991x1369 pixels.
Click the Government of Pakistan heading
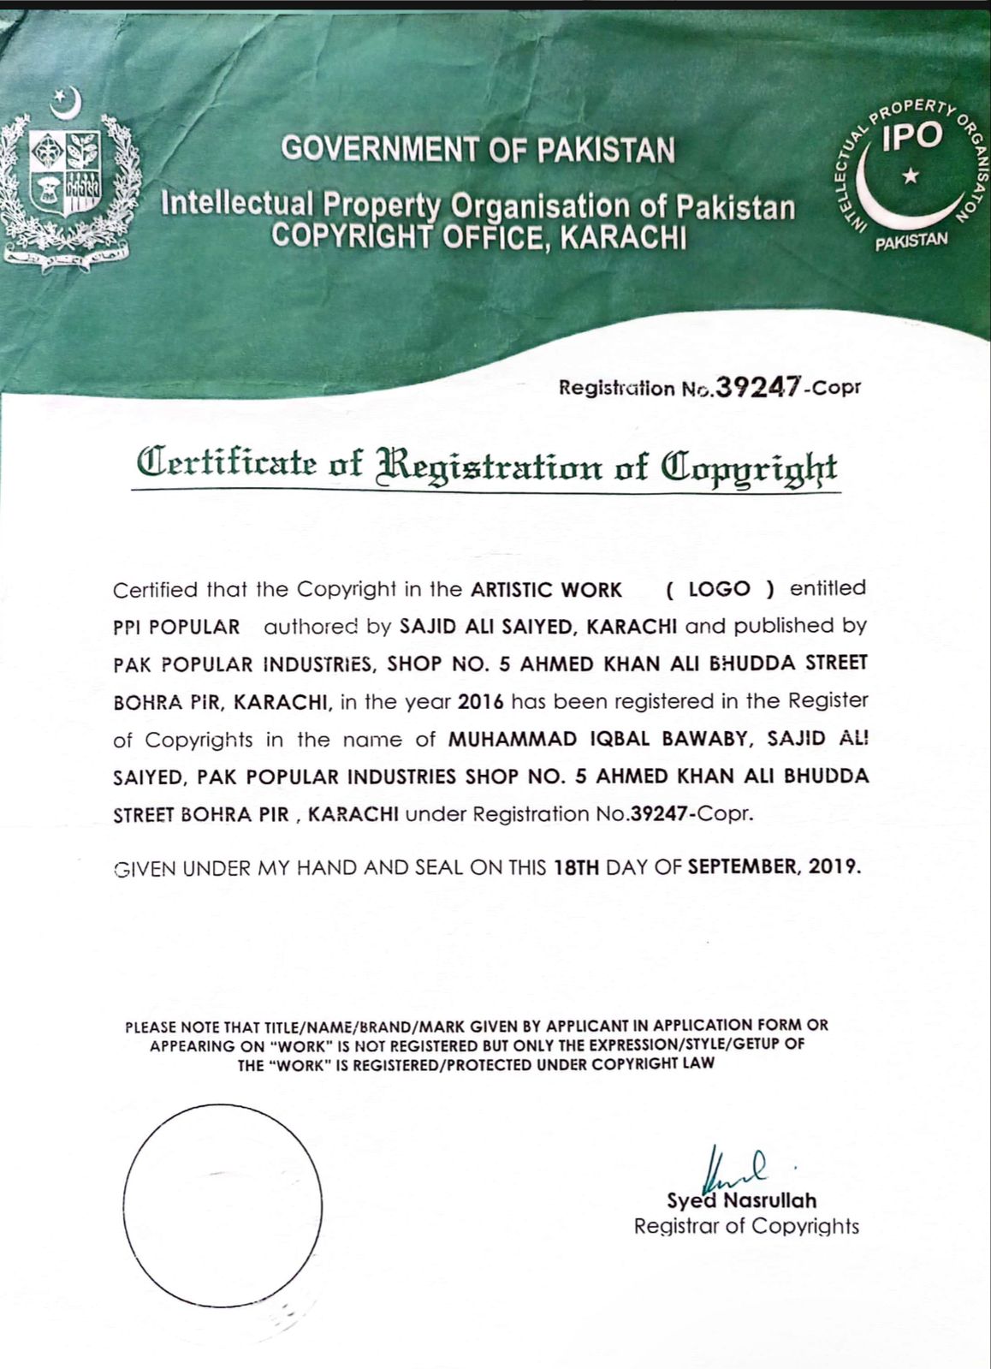(x=478, y=150)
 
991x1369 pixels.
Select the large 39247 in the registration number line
(x=757, y=387)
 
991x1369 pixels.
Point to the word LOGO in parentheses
(x=719, y=589)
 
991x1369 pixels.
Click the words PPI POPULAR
(x=176, y=627)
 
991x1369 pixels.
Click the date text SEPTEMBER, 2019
(x=774, y=866)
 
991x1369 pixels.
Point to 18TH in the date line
(x=577, y=866)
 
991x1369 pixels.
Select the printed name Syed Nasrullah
(x=741, y=1200)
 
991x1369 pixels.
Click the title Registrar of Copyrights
(x=745, y=1226)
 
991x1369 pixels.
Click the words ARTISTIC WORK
(x=546, y=590)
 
